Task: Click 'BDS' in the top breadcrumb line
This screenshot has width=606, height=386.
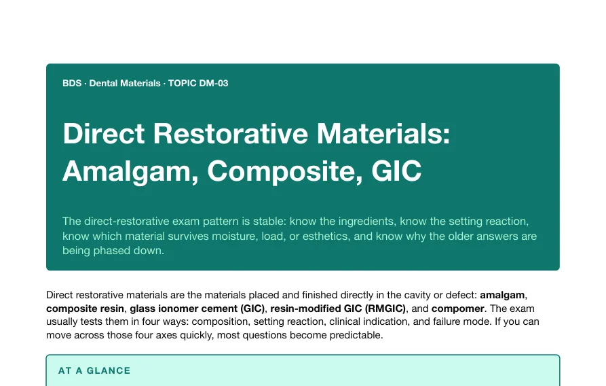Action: pos(72,83)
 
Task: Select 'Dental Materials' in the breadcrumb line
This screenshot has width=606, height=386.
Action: pos(125,83)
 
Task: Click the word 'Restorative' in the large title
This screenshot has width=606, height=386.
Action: pos(230,134)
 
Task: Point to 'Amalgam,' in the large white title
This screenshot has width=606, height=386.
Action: pos(130,171)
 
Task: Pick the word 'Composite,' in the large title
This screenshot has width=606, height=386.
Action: pos(285,171)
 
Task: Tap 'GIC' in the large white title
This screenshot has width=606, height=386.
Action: pos(396,171)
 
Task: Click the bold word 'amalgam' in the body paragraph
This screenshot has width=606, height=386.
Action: pos(502,295)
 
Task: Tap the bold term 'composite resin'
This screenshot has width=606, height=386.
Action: pos(85,309)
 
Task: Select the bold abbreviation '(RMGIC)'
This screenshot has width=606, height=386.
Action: pos(385,309)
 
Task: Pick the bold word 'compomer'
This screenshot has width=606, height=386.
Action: pos(457,309)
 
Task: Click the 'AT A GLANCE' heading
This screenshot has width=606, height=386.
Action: pos(94,370)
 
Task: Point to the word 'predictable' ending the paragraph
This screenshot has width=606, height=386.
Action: pos(355,335)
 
